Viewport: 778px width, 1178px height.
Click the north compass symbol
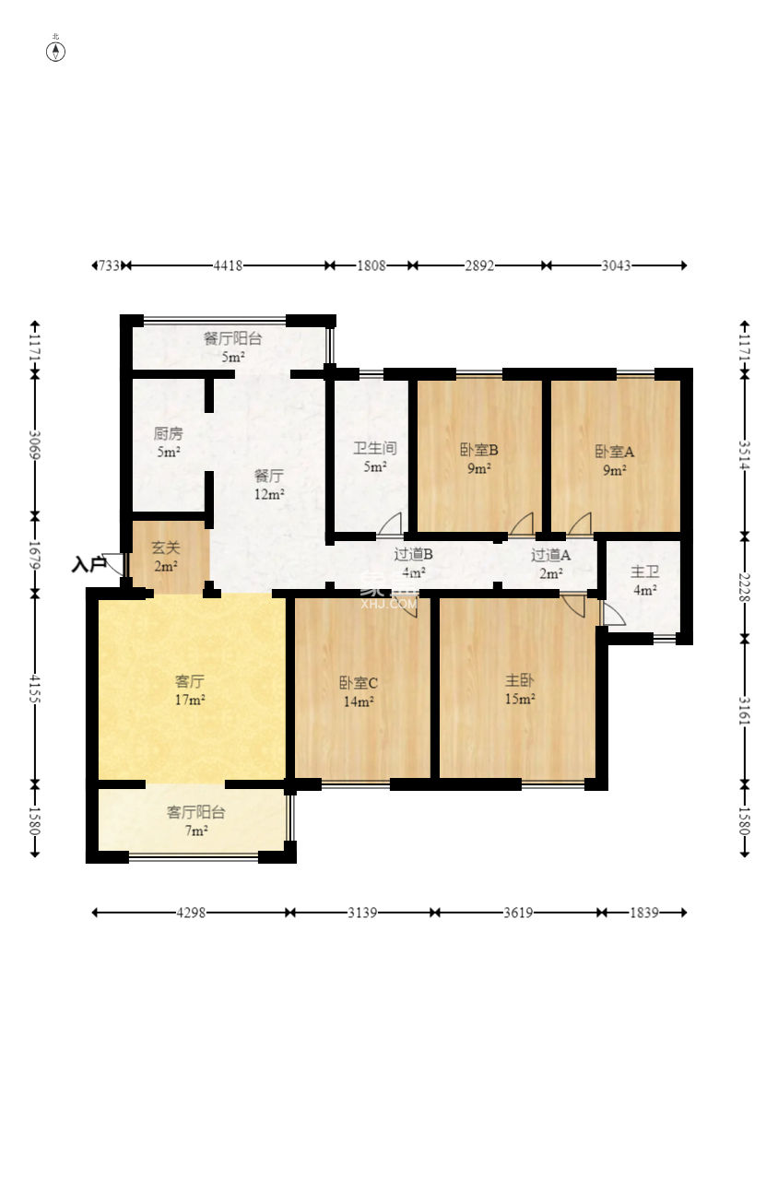[55, 52]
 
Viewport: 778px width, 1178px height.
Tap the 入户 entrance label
[88, 564]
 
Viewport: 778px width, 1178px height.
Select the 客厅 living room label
[189, 681]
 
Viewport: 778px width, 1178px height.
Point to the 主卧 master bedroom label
[519, 680]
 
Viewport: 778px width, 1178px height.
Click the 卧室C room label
[359, 683]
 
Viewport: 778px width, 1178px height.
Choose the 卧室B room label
[478, 450]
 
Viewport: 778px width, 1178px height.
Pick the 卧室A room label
[614, 452]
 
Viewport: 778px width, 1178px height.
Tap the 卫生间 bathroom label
[374, 449]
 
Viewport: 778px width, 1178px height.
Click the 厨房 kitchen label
[169, 434]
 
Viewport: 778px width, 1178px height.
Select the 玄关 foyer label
[166, 548]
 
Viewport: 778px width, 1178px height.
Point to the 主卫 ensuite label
[644, 571]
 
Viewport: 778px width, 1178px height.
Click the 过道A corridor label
[550, 555]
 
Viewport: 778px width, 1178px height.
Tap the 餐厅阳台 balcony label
[232, 338]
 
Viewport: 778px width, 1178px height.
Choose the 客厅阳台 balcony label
[195, 812]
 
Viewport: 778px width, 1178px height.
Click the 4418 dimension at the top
[228, 265]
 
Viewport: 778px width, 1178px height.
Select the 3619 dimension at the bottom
[518, 913]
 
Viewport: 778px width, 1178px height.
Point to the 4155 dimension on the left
[35, 689]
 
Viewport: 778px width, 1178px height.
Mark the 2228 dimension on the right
[744, 587]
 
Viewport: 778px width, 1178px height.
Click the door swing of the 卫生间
[390, 524]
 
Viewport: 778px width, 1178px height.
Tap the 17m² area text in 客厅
[190, 700]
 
